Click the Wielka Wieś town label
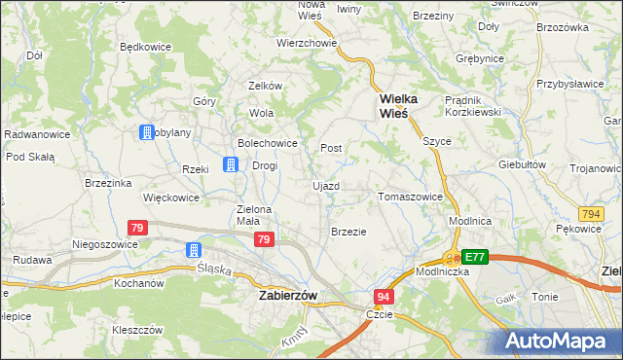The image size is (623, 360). coord(393,105)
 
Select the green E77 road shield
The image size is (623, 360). coord(474,257)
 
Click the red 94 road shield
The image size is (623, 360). coord(385,296)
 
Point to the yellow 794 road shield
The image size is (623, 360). coord(588,213)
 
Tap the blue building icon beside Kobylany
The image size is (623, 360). coord(146,132)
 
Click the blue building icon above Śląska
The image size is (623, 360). coord(194,250)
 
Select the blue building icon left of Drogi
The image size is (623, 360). coord(231,164)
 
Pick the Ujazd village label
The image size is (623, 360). coord(325,185)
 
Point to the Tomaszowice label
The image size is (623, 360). coord(410,197)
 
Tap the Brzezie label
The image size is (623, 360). coord(348,232)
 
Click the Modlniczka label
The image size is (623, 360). coord(443,271)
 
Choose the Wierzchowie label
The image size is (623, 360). coord(307,44)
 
